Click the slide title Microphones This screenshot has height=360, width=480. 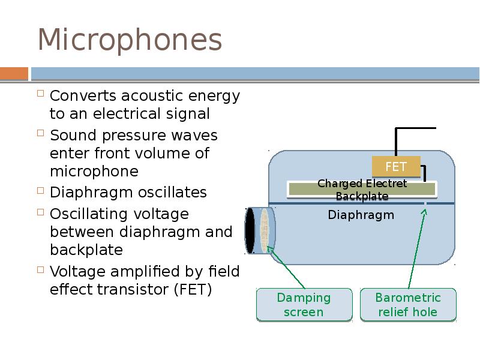point(130,41)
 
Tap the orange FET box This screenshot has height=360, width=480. point(396,166)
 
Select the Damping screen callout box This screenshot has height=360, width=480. point(304,305)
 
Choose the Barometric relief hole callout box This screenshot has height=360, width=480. point(408,305)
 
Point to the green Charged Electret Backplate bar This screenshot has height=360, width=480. point(362,190)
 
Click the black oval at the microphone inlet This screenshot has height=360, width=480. point(250,230)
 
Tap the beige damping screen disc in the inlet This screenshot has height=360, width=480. point(264,230)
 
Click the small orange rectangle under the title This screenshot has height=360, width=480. point(14,74)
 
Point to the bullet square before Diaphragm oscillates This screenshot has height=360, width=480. point(41,192)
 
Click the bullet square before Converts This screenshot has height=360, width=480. point(41,95)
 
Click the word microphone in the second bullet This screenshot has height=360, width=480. point(94,172)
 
